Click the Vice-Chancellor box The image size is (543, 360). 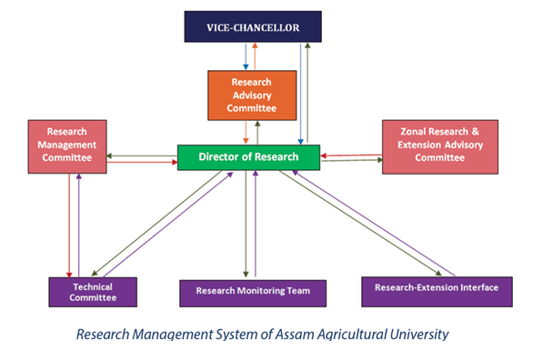tap(253, 26)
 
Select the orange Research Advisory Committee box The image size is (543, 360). tap(252, 95)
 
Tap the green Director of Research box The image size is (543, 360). tap(248, 157)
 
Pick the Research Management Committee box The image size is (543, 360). tap(67, 146)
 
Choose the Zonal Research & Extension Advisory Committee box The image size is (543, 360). tap(440, 146)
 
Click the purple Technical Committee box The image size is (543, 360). tap(93, 292)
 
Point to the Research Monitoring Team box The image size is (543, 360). tap(253, 294)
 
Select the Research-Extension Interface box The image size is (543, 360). tap(437, 292)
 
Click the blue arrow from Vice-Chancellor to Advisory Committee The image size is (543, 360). tap(246, 56)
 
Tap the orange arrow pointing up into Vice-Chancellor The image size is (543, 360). tap(255, 56)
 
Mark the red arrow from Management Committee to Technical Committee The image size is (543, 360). tap(69, 225)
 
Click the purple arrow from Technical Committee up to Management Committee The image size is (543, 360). tap(79, 225)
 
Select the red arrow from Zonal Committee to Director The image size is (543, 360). tap(351, 155)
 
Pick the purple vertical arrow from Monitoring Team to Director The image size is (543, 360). tap(256, 224)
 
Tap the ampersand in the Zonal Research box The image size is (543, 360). tap(475, 132)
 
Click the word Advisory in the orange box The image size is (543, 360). tap(252, 95)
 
